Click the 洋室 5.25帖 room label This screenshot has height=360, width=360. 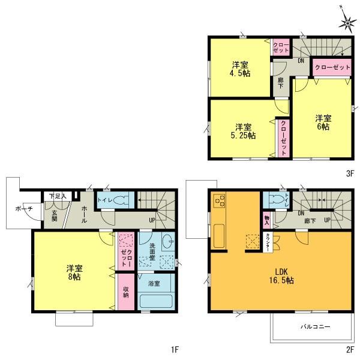[244, 131]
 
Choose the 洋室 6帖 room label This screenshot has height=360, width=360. [323, 122]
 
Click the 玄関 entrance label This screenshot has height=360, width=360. [54, 215]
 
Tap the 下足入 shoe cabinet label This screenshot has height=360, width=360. [58, 196]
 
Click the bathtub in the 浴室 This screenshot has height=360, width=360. [156, 302]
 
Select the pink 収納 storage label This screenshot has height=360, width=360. [125, 291]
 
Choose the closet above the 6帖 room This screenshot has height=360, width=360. [332, 68]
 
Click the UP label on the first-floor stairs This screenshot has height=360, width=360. [152, 220]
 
